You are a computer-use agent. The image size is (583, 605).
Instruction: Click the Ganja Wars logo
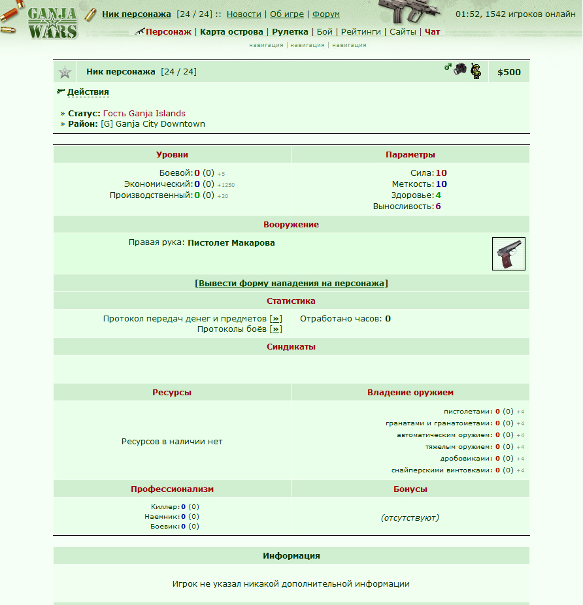52,22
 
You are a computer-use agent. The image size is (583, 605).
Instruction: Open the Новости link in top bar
244,14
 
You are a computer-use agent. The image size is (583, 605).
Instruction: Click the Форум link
325,14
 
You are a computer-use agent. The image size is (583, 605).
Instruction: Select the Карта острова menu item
231,31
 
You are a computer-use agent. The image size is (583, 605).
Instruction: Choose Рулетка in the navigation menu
290,31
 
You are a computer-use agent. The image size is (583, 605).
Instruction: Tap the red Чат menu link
432,31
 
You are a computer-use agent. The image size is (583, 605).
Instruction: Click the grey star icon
65,72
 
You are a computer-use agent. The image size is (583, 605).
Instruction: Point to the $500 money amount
509,72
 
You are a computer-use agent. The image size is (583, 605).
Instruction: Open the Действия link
88,92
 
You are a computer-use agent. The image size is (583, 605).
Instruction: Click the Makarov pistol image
508,253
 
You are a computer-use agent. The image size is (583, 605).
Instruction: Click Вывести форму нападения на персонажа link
291,284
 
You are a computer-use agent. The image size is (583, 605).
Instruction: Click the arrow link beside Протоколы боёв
276,329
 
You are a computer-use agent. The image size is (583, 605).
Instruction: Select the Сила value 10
441,173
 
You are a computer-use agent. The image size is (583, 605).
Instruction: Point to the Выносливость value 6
438,206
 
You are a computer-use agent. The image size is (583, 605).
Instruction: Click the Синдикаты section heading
291,347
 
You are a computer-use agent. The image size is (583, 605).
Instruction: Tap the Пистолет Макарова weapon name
231,243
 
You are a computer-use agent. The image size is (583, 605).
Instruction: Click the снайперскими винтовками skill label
441,470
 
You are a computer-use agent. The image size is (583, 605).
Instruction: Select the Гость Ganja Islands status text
144,113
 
